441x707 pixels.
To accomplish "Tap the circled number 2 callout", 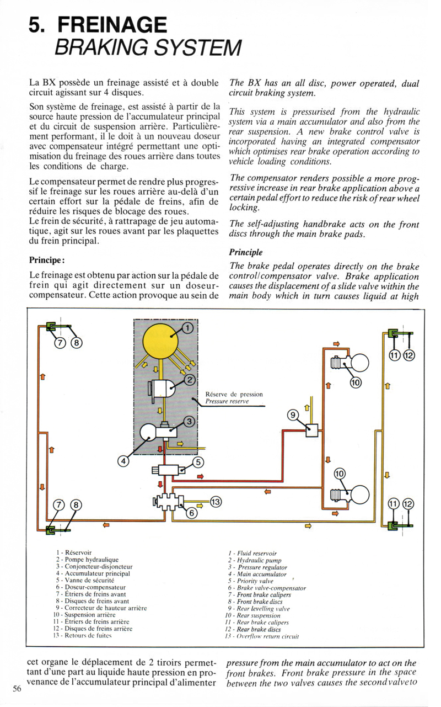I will click(x=190, y=380).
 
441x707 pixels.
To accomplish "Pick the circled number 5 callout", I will click(x=198, y=463).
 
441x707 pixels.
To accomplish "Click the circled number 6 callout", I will click(x=192, y=513).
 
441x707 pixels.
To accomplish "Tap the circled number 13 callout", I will click(x=216, y=502).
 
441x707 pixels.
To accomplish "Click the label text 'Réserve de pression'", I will click(x=234, y=394).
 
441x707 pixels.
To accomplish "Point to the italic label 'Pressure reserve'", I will click(x=226, y=402).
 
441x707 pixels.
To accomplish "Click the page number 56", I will click(x=17, y=688).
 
